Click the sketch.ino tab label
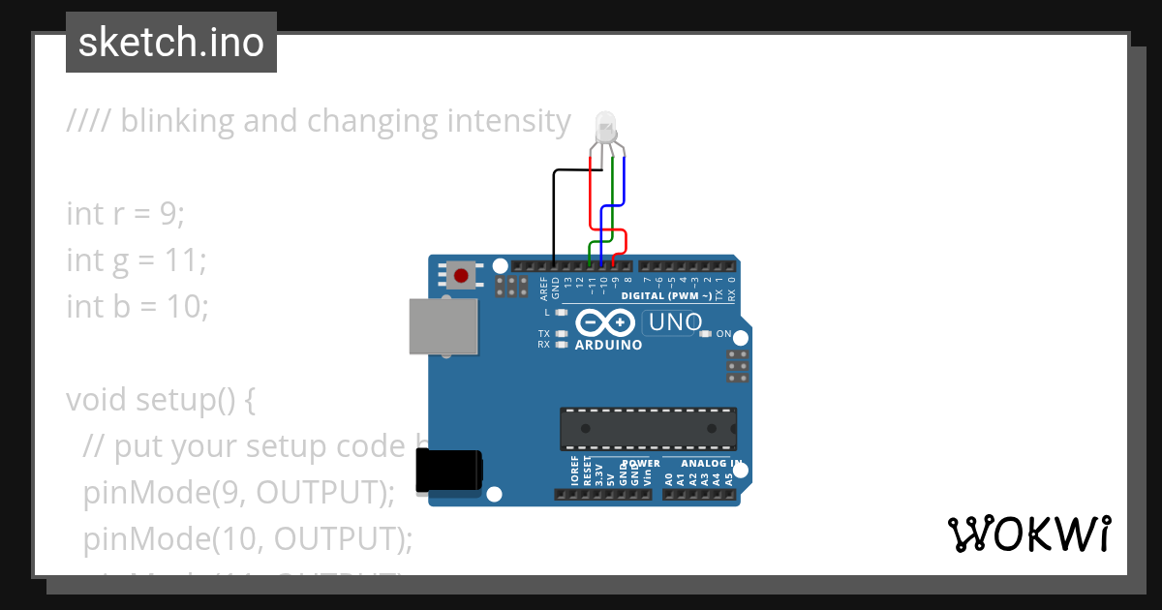tap(171, 43)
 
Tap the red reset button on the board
tap(461, 276)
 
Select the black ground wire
tap(553, 213)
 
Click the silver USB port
tap(443, 326)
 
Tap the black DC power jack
tap(448, 472)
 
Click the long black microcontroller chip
tap(648, 428)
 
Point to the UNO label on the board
tap(674, 323)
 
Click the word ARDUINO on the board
tap(608, 345)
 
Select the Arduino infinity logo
tap(605, 322)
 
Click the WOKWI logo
tap(1029, 534)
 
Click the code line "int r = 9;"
tap(125, 213)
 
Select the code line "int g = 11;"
tap(137, 259)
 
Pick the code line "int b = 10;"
tap(138, 306)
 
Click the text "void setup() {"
tap(161, 399)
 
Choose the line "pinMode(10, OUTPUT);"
tap(248, 538)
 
